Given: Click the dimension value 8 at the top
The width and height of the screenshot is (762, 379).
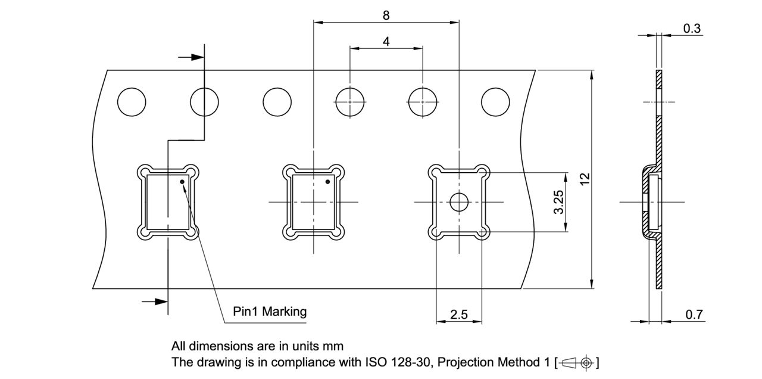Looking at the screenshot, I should [x=386, y=15].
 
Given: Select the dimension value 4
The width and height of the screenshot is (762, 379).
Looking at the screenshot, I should [x=386, y=42].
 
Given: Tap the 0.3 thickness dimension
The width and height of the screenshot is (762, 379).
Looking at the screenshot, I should [x=692, y=28].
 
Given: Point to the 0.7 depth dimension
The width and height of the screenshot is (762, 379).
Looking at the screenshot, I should [x=694, y=315].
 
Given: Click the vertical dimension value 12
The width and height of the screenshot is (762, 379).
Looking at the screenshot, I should [x=585, y=178].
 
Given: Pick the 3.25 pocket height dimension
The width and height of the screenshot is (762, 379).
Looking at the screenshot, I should [x=558, y=202].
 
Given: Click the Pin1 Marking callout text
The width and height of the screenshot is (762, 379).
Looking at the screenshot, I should [x=270, y=311].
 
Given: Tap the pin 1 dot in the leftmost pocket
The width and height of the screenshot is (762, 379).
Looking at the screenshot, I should [x=183, y=181].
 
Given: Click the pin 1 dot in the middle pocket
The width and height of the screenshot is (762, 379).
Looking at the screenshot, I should [x=327, y=181].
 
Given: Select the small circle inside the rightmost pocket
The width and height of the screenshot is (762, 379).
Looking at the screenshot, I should [x=459, y=203].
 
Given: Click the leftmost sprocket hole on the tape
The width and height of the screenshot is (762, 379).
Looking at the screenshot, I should [x=132, y=102].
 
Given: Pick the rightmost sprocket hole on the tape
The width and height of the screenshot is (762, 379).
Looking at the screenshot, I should [x=495, y=102].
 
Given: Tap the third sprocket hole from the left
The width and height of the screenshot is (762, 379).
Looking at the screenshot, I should [x=277, y=102].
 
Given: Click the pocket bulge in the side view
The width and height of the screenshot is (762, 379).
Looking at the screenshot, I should [x=649, y=202].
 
